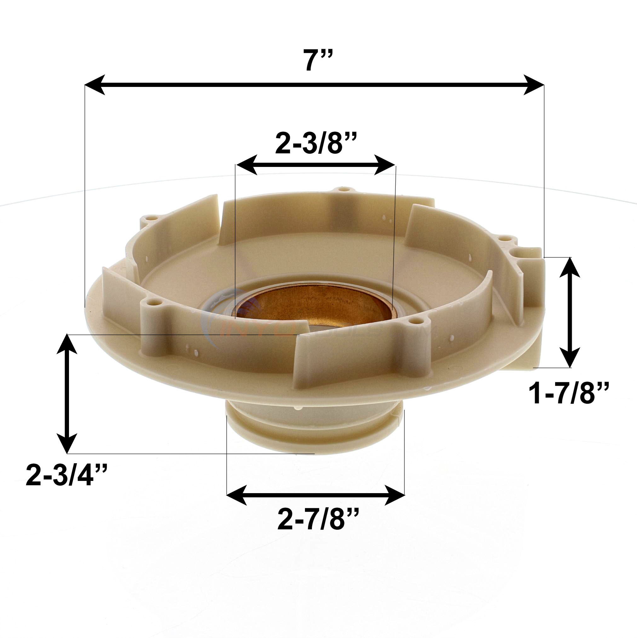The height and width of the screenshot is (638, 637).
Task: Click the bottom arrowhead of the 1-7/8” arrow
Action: (x=571, y=357)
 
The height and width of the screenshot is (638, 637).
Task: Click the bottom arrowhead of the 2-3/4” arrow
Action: (x=68, y=442)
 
